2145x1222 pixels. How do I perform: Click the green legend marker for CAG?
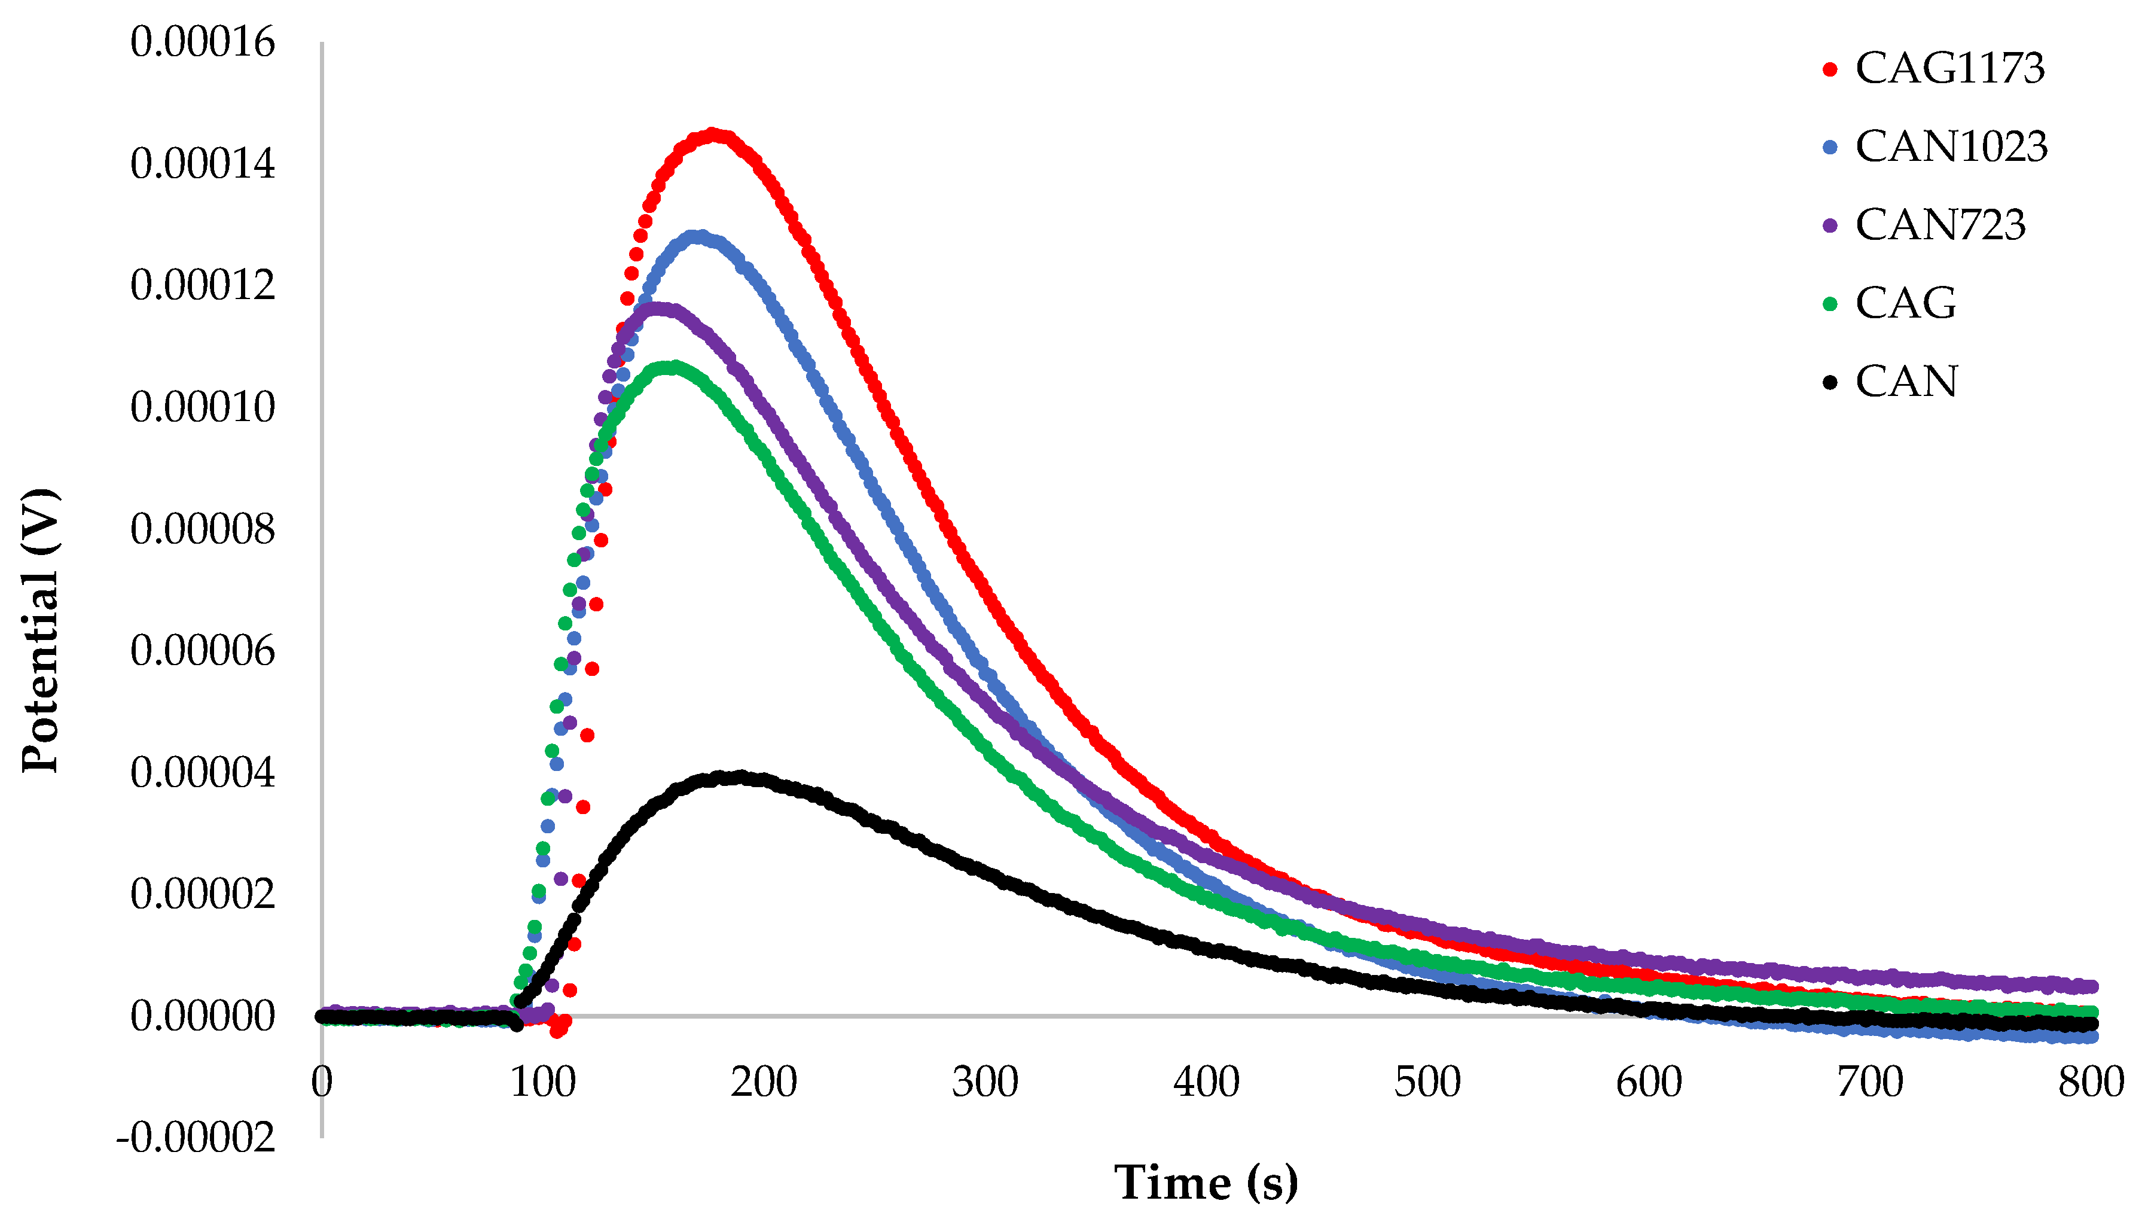1830,304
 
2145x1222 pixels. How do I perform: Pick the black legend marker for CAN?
1830,383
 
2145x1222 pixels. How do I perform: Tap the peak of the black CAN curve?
738,777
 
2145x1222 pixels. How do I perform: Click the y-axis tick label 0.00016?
202,42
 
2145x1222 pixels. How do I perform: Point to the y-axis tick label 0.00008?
202,529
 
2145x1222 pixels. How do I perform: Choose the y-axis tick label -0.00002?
196,1138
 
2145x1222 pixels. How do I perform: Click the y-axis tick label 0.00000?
202,1016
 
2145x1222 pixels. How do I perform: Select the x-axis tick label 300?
985,1082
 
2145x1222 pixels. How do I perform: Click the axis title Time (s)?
1206,1183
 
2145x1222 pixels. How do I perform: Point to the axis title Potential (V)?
40,629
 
